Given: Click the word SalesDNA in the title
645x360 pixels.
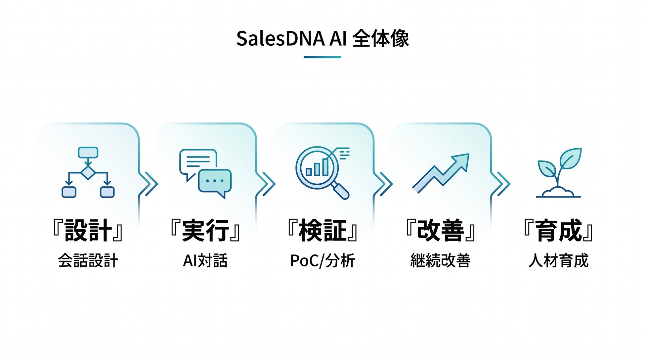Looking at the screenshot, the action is coord(280,39).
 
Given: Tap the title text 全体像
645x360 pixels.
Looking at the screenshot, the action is coord(381,39).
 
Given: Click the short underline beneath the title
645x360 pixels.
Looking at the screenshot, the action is coord(322,57).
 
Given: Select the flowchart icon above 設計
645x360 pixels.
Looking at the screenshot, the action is coord(88,172).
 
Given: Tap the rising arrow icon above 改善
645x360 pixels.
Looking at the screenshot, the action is coord(441,173).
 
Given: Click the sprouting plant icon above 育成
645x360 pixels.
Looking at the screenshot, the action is coord(559,173).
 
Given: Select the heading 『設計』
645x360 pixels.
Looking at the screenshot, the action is coord(88,230).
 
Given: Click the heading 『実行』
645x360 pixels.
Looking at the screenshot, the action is coord(205,230).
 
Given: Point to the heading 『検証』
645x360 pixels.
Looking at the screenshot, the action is coord(322,230).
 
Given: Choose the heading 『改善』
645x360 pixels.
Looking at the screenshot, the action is coord(441,230).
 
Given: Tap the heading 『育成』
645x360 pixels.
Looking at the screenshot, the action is coord(559,230).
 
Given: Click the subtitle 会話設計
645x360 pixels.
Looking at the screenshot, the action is coord(88,261).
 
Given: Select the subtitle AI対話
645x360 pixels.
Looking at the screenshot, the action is coord(205,261).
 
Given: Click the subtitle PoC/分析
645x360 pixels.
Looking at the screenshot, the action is coord(322,261).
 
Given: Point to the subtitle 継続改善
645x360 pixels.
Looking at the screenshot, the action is coord(441,261).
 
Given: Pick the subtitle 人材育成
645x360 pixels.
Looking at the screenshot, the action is coord(559,261).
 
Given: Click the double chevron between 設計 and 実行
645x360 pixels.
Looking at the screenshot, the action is coord(149,184).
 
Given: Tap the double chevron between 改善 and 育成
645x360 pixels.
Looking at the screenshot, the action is coord(501,184).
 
